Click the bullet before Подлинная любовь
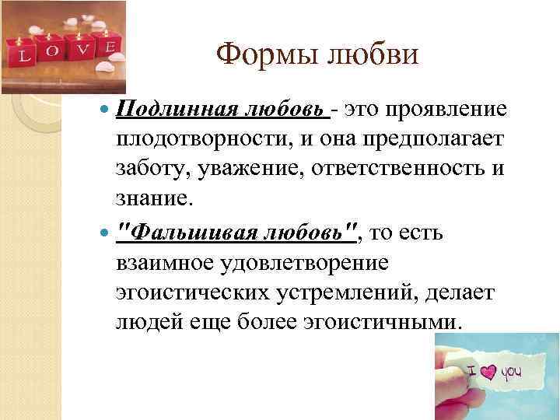106,111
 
